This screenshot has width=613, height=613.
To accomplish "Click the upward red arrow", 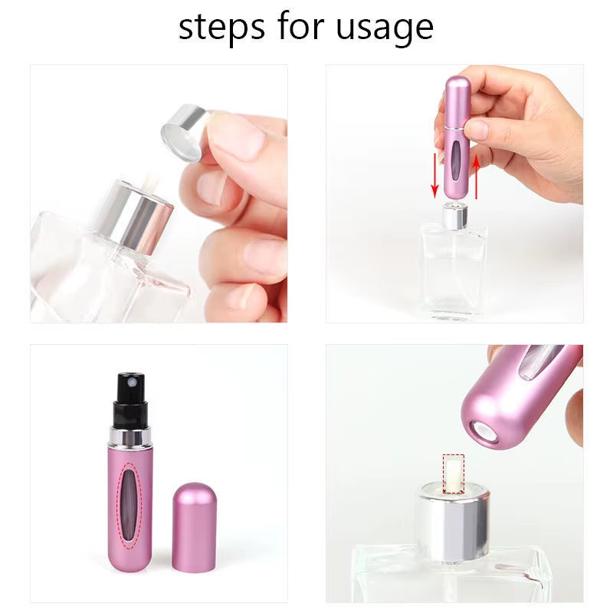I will click(475, 175).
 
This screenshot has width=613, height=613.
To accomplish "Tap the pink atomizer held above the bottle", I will click(457, 138).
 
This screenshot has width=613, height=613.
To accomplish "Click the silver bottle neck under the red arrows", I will click(454, 217).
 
